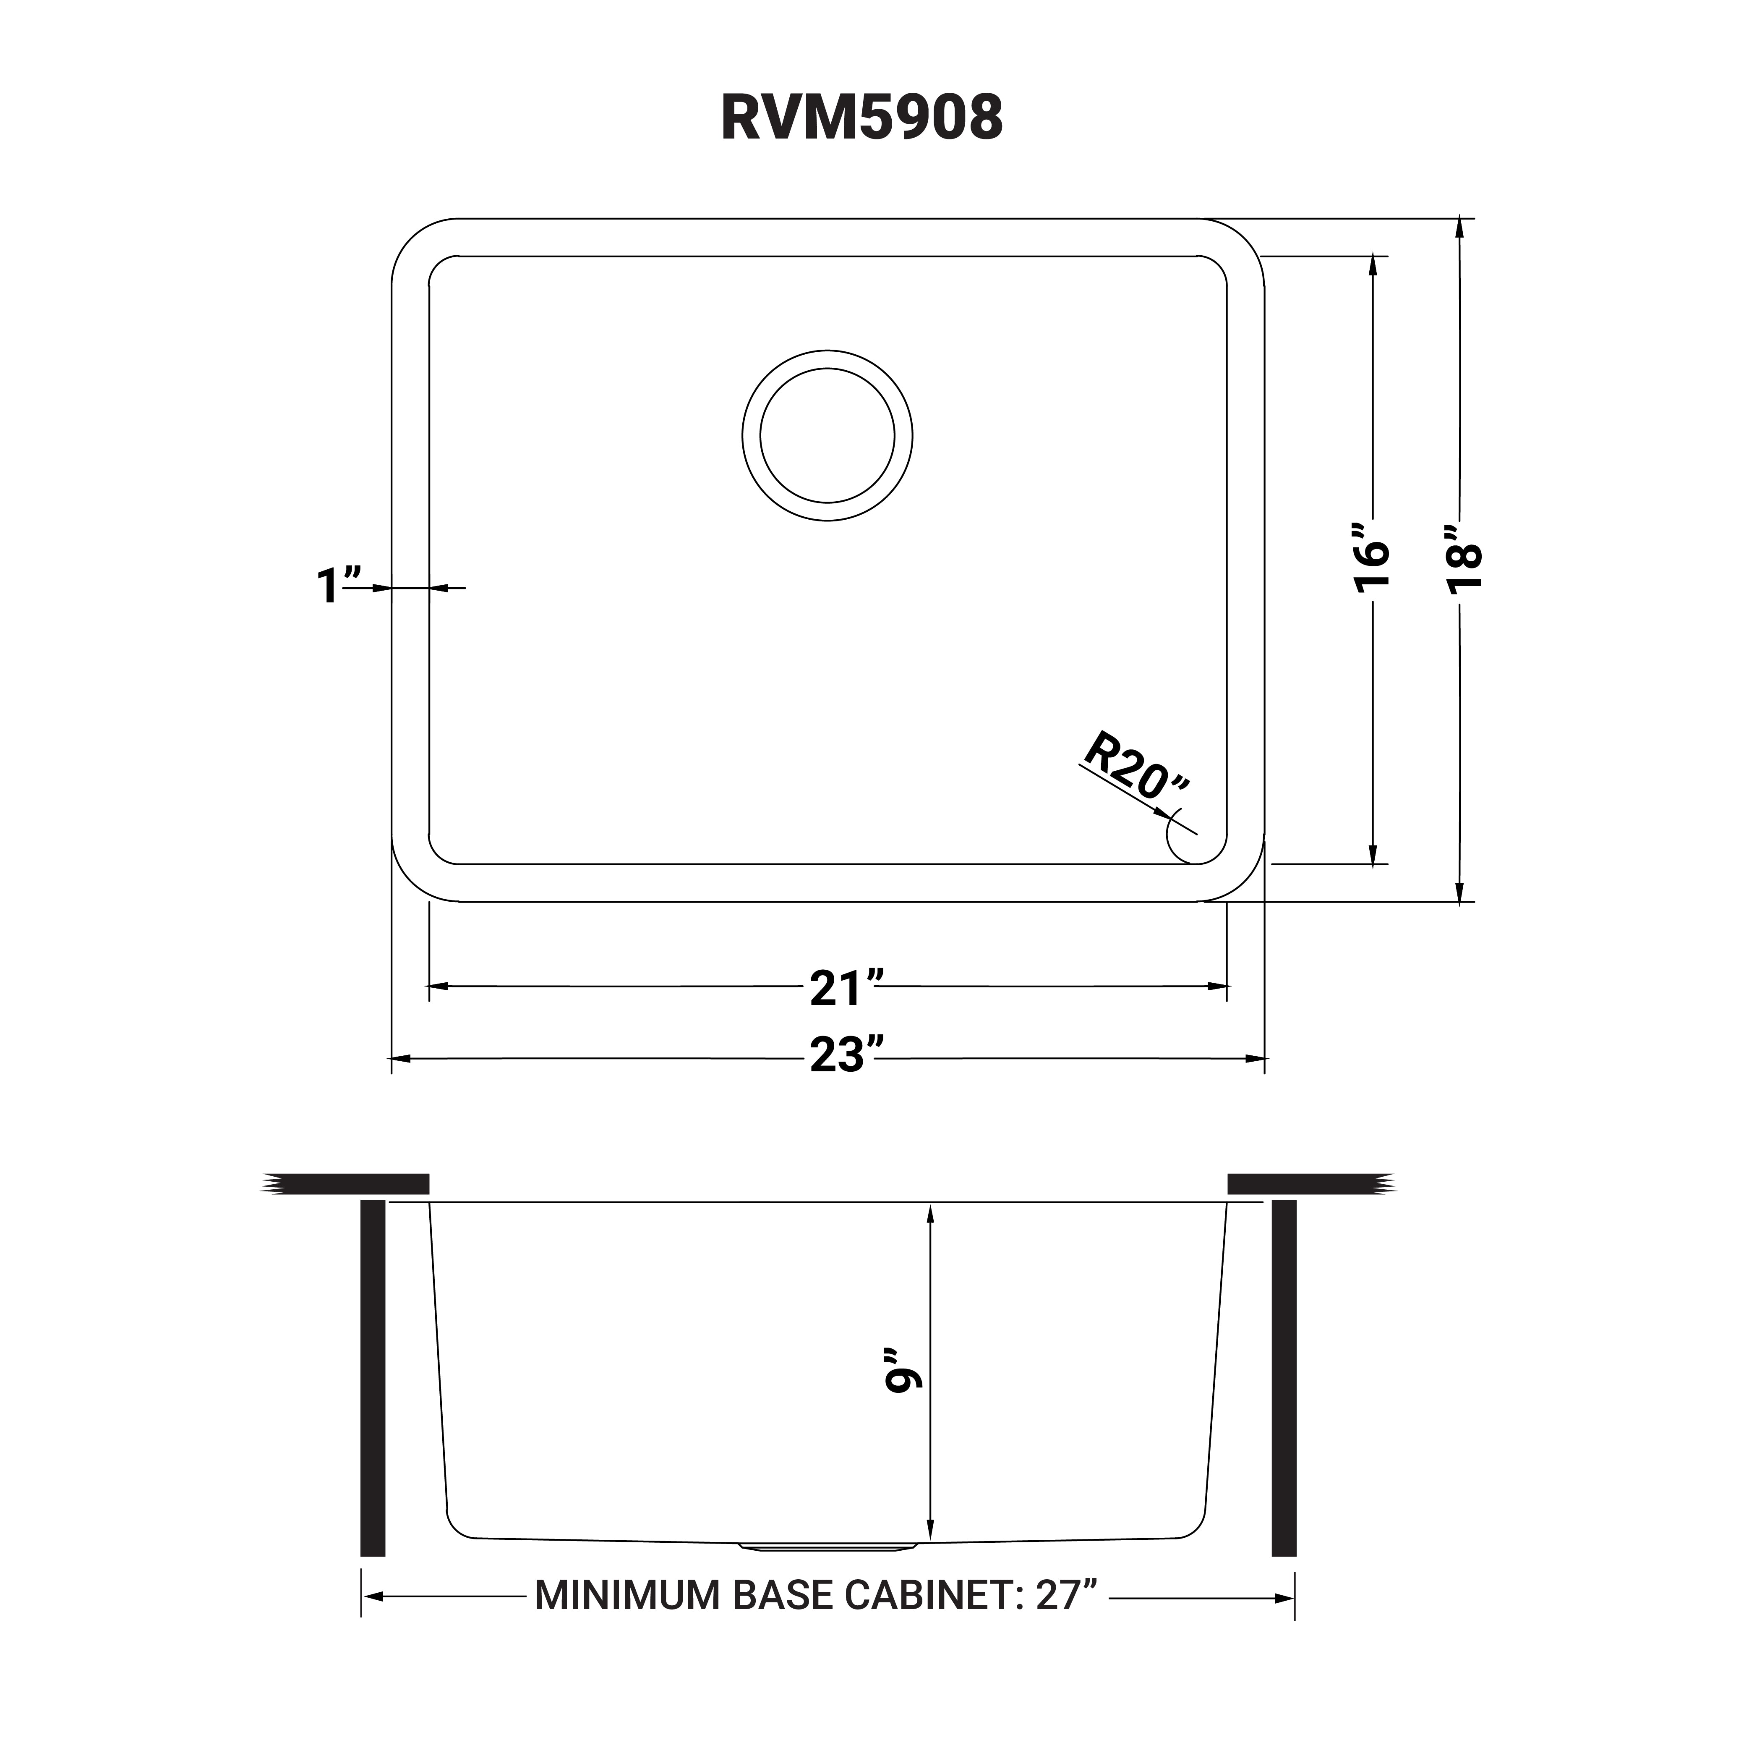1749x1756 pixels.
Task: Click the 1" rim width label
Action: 338,585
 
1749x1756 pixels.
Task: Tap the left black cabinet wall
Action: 373,1377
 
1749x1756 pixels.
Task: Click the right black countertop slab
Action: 1308,1183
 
